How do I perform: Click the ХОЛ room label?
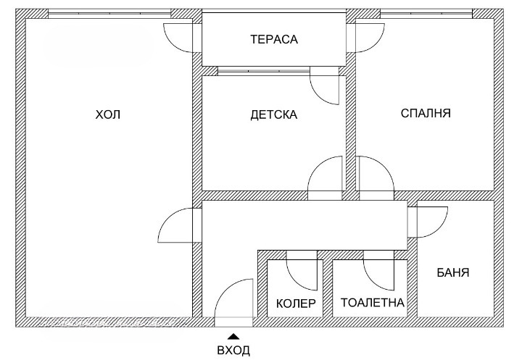108,114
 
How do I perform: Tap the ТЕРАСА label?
274,39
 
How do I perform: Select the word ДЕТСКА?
273,114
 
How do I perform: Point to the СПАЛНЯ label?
426,114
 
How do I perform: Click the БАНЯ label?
453,273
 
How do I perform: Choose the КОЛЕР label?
296,303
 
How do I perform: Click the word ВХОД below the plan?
233,351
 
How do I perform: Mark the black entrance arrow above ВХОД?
233,335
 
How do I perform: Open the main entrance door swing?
233,301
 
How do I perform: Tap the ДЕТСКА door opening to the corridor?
326,178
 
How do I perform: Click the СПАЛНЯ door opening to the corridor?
375,178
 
